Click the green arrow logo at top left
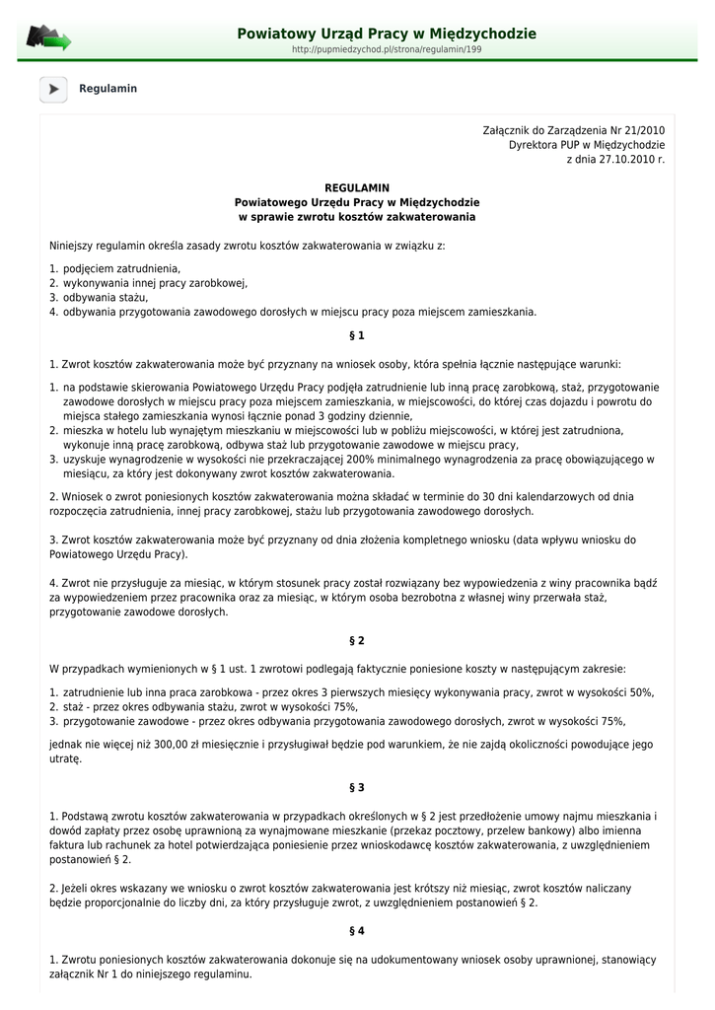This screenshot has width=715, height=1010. (x=48, y=38)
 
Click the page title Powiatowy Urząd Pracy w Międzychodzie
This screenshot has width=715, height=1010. (x=387, y=34)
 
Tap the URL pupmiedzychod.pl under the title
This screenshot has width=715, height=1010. (x=387, y=48)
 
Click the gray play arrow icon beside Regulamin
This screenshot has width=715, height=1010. (x=53, y=89)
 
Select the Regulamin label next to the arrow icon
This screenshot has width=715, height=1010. (x=107, y=89)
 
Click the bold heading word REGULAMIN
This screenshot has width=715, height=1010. (x=357, y=187)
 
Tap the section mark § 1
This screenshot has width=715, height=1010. (x=357, y=335)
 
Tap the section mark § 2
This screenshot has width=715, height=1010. (x=357, y=640)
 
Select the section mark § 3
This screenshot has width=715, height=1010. (x=357, y=787)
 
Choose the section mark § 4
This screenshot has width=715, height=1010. (x=357, y=930)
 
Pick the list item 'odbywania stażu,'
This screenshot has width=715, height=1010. (x=106, y=297)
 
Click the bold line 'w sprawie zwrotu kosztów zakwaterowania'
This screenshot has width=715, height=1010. (x=357, y=216)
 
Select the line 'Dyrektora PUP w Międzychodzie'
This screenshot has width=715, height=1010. (x=586, y=144)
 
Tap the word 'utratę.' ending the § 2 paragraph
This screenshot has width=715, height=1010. (x=66, y=759)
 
